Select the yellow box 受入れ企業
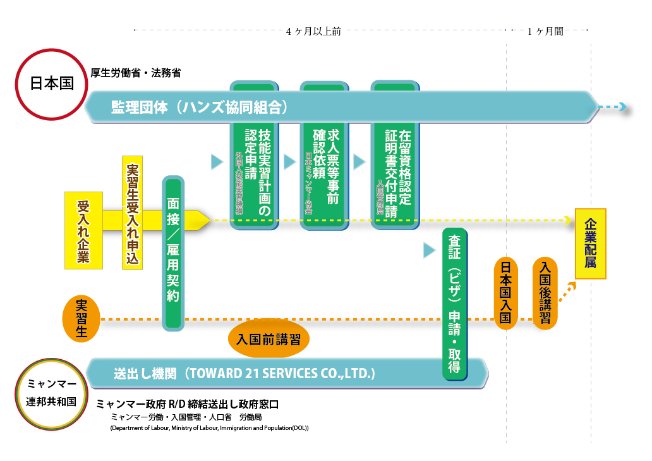83,231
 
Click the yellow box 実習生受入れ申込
133,213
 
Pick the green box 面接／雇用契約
174,252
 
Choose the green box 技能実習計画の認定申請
253,155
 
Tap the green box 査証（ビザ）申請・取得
455,304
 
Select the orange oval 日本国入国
505,291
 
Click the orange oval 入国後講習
545,292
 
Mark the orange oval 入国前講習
269,338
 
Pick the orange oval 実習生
81,317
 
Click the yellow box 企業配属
590,243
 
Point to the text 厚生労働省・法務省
136,73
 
